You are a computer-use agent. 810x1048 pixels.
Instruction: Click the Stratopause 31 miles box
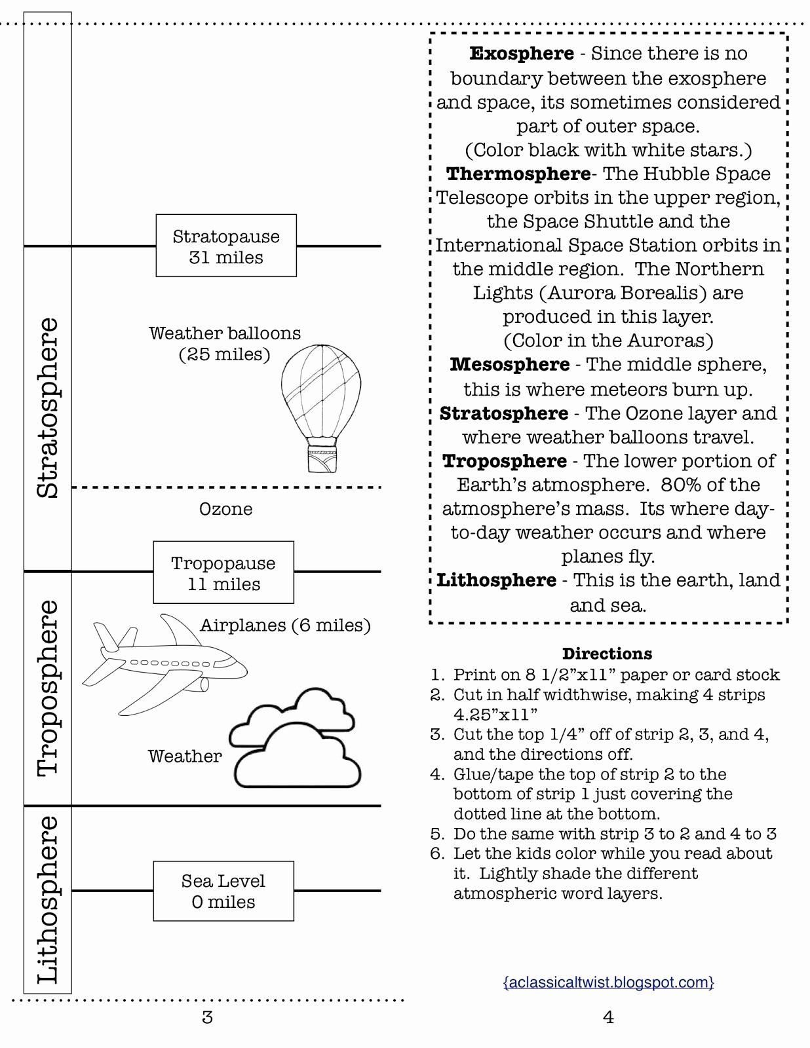click(x=226, y=246)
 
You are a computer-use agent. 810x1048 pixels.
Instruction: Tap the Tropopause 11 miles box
click(x=223, y=572)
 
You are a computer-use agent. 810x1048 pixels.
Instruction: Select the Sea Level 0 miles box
click(x=223, y=891)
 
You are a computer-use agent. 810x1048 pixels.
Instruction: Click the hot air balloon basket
click(x=322, y=458)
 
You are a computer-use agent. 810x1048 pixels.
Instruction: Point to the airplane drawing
click(x=164, y=665)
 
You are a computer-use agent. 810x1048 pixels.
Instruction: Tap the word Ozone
click(x=226, y=509)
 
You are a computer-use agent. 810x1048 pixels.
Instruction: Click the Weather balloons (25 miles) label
click(x=224, y=343)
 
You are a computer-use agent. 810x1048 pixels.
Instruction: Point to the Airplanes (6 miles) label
click(x=285, y=625)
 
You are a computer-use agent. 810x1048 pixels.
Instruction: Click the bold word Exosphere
click(x=522, y=53)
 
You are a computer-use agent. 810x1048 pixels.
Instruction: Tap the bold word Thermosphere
click(x=518, y=174)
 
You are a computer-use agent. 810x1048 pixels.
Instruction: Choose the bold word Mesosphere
click(x=509, y=364)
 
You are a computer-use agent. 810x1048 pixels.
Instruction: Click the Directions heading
click(x=607, y=654)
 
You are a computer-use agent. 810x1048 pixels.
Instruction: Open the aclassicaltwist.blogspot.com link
click(x=608, y=982)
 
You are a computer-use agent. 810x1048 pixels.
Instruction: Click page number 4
click(x=608, y=1017)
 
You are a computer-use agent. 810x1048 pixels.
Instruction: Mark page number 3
click(x=207, y=1017)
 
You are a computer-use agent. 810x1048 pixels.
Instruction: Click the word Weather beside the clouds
click(x=185, y=756)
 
